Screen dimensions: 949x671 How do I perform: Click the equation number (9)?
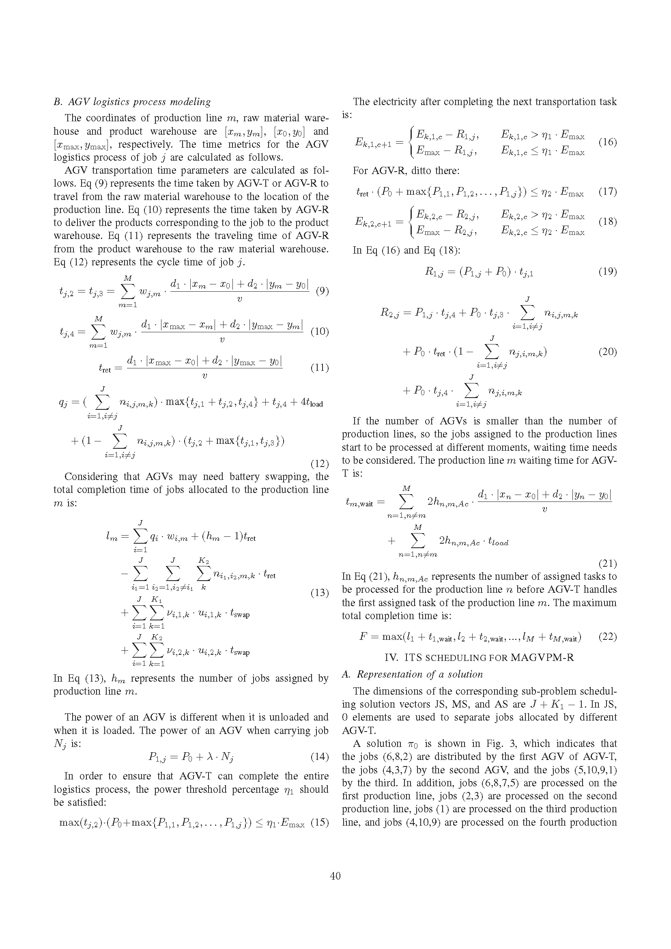coord(322,291)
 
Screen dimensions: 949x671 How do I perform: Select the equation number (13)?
coord(319,593)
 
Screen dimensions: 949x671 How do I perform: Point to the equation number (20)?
coord(607,352)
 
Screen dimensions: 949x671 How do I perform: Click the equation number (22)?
coord(607,637)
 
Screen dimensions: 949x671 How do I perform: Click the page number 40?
coord(335,876)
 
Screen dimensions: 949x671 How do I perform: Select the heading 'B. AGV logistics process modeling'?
coord(132,102)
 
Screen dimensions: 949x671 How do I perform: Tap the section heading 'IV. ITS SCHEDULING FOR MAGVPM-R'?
coord(479,657)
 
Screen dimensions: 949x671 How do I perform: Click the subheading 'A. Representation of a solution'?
coord(412,674)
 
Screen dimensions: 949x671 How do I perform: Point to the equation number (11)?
coord(319,368)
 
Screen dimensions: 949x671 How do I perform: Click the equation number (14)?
coord(319,756)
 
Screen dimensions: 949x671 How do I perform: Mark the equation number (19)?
coord(607,271)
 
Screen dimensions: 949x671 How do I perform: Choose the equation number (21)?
coord(607,564)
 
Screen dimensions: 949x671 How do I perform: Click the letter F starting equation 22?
coord(363,637)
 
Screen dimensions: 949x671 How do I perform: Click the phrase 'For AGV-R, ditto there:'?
coord(406,170)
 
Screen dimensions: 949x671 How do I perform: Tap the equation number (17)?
coord(607,192)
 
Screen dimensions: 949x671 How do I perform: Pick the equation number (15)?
coord(319,822)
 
